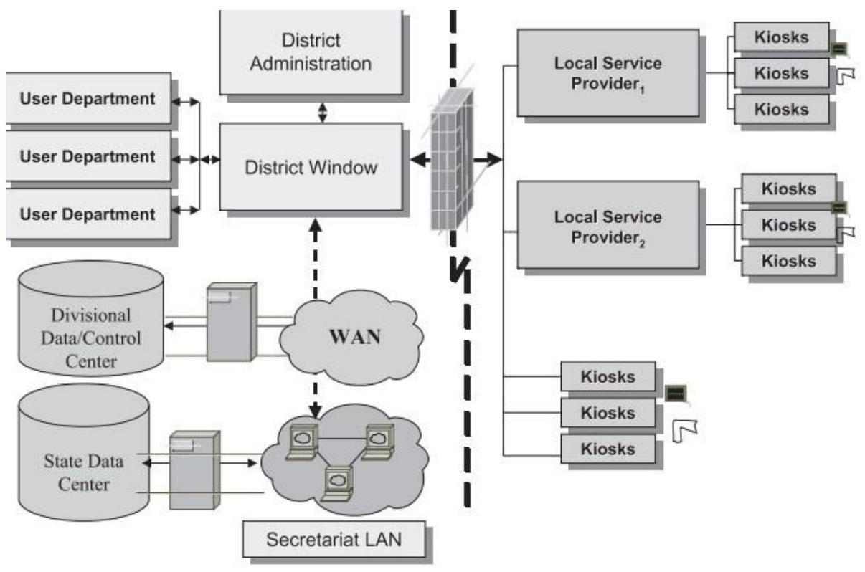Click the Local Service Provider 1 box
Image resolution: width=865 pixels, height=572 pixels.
607,72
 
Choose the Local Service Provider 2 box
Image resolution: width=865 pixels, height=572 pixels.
607,224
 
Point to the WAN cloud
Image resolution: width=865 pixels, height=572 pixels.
349,336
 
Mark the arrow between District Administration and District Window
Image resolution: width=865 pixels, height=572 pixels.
322,111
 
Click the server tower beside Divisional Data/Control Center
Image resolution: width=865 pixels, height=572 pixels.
230,321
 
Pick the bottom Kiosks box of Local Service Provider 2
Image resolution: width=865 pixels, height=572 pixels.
788,260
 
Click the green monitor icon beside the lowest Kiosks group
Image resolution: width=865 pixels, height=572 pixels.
676,393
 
